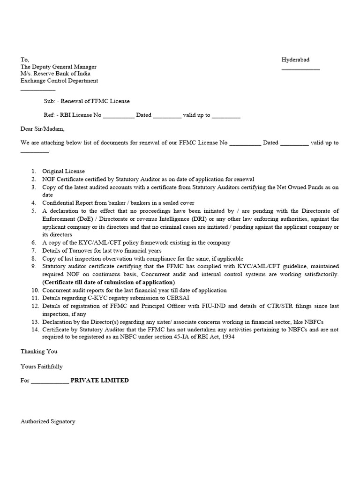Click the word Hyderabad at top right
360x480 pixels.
click(295, 60)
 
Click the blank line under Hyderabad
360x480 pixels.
click(300, 69)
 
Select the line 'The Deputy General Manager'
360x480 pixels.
click(59, 67)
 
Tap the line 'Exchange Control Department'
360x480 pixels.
click(59, 81)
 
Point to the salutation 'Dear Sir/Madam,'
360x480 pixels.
click(43, 129)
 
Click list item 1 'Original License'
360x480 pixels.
click(63, 172)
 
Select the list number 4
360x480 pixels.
click(34, 203)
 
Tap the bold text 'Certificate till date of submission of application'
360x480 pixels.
click(109, 282)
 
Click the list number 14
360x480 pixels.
click(35, 330)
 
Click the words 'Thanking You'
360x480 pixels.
click(39, 351)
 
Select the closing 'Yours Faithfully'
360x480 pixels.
click(42, 366)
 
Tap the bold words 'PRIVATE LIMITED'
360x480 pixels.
click(99, 380)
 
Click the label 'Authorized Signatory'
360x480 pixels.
click(48, 421)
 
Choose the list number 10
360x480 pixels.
click(35, 290)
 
